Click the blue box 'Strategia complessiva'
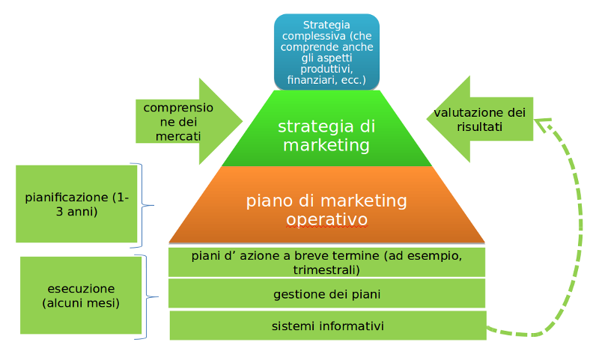(x=326, y=51)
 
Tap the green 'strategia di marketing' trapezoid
(x=326, y=135)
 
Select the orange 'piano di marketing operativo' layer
(x=326, y=210)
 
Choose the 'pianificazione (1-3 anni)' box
(x=76, y=204)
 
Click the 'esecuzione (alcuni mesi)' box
(x=80, y=296)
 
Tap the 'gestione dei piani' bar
(x=326, y=294)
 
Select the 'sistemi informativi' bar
(x=327, y=326)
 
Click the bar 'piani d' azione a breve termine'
(x=326, y=262)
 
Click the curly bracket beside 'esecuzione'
(x=147, y=297)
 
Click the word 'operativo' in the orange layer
(x=326, y=220)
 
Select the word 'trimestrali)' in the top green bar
(x=326, y=269)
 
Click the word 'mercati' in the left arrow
(x=177, y=136)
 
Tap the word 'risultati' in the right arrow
(x=480, y=127)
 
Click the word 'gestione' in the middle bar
(x=297, y=294)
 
